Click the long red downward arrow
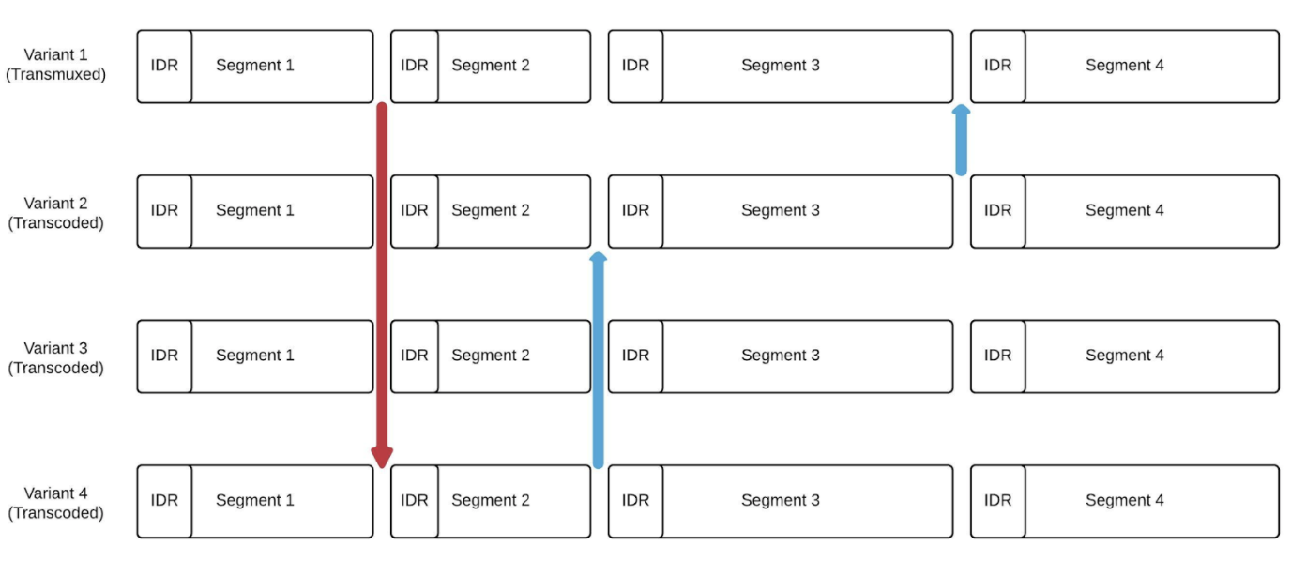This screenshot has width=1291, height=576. pos(382,281)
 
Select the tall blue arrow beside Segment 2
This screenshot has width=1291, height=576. pos(598,361)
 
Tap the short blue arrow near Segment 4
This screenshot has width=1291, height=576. pos(961,141)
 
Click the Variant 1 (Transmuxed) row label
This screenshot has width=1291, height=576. pos(55,65)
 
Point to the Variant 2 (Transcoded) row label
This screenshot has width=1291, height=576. pos(55,213)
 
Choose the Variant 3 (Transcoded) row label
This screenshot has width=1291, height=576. pos(55,357)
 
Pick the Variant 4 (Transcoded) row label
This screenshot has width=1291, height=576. pos(55,503)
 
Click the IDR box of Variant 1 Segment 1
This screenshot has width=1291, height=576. pos(164,66)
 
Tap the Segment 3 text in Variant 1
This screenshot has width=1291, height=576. pos(780,66)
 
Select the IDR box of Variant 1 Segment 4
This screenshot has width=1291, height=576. pos(997,66)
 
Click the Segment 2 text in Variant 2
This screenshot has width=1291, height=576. pos(490,211)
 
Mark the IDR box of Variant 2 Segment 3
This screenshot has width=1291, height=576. pos(635,211)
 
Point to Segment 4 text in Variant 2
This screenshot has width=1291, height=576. pos(1124,211)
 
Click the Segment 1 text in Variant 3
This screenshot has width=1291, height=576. pos(254,356)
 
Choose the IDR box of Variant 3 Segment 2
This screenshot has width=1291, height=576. pos(415,356)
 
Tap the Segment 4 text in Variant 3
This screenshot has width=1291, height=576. pos(1124,356)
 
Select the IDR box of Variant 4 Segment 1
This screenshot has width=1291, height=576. pos(164,501)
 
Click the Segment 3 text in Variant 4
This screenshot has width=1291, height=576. pos(780,501)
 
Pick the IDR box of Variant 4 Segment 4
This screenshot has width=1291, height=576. pos(997,501)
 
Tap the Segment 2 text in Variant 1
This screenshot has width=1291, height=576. pos(490,66)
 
